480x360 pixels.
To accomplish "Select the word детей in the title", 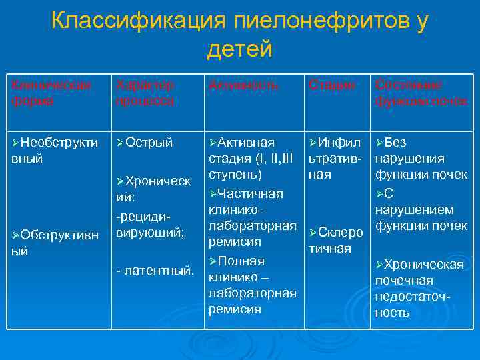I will tap(240, 49).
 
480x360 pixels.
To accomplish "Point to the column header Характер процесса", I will tap(145, 94).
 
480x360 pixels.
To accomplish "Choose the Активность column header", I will tap(243, 86).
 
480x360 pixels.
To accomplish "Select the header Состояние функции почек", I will tap(421, 94).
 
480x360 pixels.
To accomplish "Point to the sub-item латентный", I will tap(155, 271).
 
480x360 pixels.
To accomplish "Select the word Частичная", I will tap(251, 193).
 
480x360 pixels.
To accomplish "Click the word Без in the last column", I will tap(395, 143).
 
